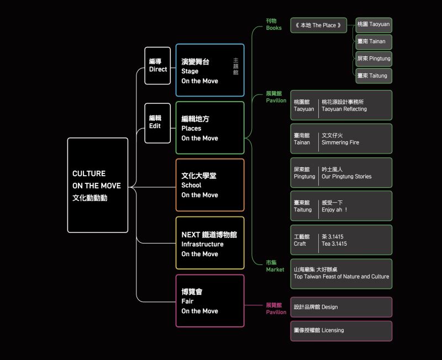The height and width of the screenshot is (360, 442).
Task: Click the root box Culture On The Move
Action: tap(97, 185)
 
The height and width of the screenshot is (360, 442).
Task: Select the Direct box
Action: tap(157, 66)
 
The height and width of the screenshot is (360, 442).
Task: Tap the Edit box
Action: tap(157, 122)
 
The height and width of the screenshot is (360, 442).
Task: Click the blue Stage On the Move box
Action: tap(210, 71)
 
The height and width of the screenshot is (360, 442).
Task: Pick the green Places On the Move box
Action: tap(210, 128)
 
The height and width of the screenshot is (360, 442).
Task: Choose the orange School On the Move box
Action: tap(210, 185)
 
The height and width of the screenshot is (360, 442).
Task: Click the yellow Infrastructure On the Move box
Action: tap(210, 243)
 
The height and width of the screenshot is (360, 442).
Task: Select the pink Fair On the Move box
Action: tap(210, 301)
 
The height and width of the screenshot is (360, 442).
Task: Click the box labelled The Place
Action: tap(319, 25)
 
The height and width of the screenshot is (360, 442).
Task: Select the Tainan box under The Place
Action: tap(373, 41)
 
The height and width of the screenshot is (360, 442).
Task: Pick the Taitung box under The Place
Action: tap(373, 76)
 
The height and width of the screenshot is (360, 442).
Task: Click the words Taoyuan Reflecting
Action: tap(344, 109)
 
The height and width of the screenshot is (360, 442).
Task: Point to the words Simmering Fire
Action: tap(340, 142)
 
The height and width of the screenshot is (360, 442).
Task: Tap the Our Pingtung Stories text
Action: tap(346, 177)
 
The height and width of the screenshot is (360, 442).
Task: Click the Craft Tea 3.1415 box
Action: tap(341, 240)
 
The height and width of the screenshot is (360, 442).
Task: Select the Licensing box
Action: tap(341, 331)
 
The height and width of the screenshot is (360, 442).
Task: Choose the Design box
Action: tap(341, 307)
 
